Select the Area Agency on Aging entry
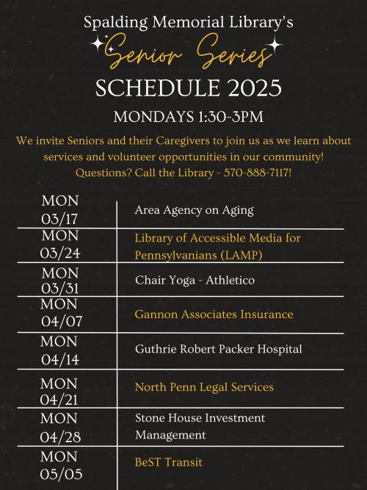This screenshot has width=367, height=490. (x=194, y=210)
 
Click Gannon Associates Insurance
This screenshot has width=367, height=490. (x=214, y=314)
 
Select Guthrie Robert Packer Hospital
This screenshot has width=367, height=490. (x=218, y=349)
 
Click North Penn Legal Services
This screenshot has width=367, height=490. (x=204, y=386)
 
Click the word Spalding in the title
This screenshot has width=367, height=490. (x=115, y=24)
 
